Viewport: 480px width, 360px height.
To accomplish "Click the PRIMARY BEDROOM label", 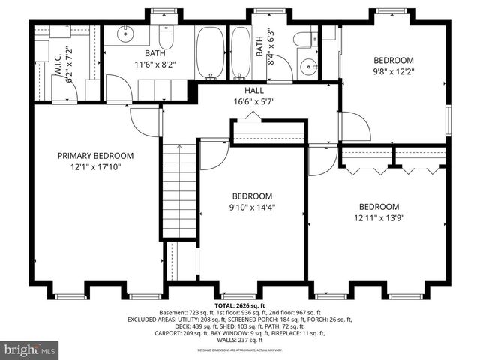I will coord(95,156).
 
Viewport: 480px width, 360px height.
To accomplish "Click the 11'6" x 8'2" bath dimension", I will coord(155,65).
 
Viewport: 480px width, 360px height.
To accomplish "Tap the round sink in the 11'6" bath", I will coord(124,34).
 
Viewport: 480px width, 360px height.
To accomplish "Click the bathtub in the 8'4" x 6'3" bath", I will coord(241,52).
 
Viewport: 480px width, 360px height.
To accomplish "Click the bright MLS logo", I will coord(31,349).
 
